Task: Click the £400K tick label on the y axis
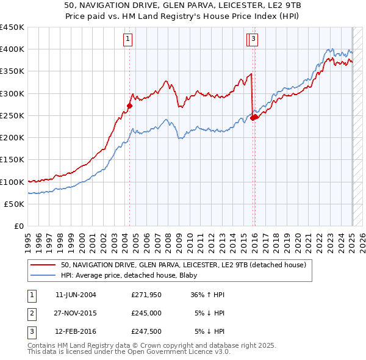click(12, 49)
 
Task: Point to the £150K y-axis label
click(12, 160)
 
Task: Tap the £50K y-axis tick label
click(15, 204)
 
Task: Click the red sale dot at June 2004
click(129, 106)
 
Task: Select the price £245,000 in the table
click(146, 314)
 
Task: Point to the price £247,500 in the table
click(146, 332)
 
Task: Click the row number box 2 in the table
click(31, 314)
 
